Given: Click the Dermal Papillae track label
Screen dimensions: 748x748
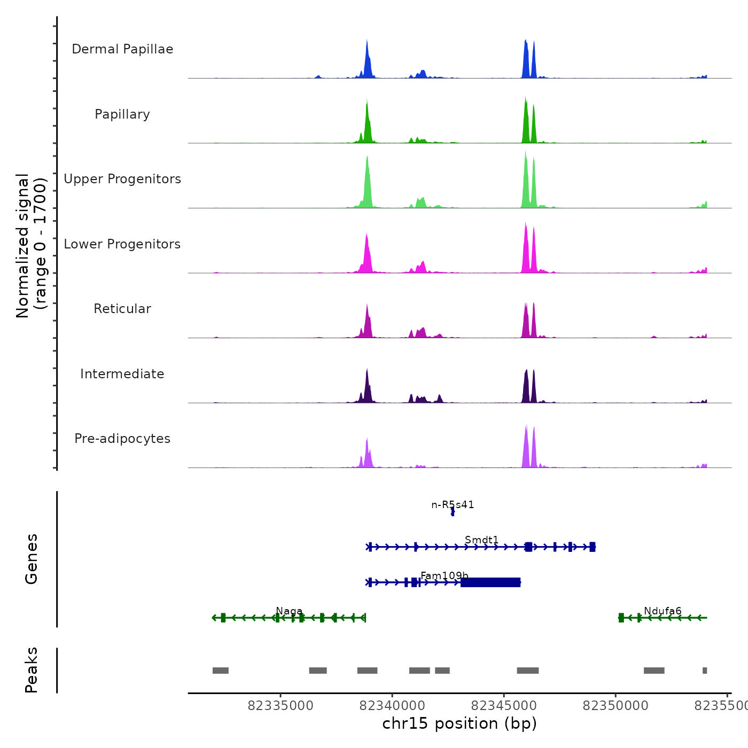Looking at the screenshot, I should [x=122, y=49].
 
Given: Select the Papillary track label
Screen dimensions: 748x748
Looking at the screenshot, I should [x=122, y=114].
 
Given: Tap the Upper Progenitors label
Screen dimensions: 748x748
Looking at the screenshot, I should [x=122, y=179].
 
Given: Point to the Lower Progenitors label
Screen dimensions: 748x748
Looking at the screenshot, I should [x=122, y=244].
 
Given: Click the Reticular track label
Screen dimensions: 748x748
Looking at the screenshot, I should [x=122, y=309].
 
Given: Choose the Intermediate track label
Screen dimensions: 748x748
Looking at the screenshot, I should [x=122, y=374].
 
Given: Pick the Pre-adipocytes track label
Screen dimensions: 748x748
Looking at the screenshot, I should [x=122, y=439].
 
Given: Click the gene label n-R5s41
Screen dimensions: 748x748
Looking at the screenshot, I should [x=453, y=505].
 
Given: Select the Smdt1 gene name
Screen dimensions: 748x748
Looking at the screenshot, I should [x=481, y=540].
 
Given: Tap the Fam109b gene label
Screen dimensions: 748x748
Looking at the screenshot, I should [x=444, y=575].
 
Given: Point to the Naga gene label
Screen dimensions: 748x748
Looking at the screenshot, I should [x=289, y=611].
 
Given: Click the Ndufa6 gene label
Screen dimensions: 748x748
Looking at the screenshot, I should [x=663, y=611].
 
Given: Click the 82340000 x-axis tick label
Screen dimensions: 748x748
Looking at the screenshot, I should [x=392, y=706].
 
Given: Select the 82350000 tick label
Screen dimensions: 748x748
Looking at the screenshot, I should [x=615, y=706].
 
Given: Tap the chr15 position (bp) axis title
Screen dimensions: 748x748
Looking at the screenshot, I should [x=459, y=723].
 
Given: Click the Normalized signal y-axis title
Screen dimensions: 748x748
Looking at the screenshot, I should [x=31, y=245].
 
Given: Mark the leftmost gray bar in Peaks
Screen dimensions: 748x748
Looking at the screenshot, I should [x=221, y=671].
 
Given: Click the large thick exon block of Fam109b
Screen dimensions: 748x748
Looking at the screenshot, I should [x=490, y=582].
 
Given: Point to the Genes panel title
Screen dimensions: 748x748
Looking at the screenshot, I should [x=32, y=559].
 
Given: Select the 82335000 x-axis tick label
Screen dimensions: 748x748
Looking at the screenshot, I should [x=280, y=706].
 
